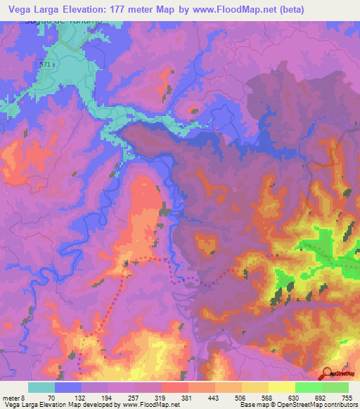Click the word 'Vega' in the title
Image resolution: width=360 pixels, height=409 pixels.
20,8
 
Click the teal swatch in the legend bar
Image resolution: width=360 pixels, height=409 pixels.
41,388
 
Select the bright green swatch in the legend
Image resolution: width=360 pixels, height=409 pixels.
308,388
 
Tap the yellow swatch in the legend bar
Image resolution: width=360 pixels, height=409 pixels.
281,388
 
